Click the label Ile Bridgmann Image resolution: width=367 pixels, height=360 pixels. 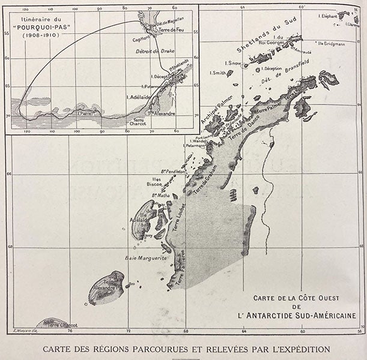coord(330,43)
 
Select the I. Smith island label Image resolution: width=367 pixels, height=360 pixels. coord(217,73)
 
